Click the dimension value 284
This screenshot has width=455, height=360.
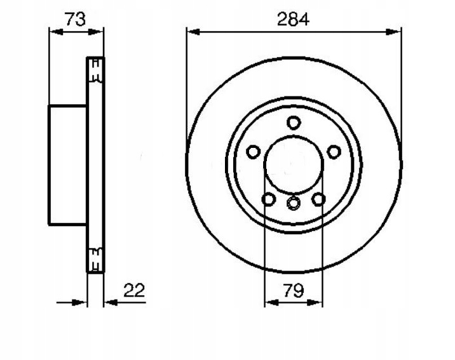click(293, 20)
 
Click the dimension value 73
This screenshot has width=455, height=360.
click(75, 19)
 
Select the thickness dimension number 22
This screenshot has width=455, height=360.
click(134, 290)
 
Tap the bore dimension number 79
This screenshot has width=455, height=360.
click(294, 290)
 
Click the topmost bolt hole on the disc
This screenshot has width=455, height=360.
click(294, 123)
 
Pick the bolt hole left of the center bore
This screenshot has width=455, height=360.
click(253, 152)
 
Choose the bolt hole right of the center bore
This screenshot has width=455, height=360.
click(334, 152)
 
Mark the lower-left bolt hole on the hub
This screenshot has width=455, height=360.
click(268, 199)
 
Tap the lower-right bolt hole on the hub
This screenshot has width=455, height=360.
click(318, 199)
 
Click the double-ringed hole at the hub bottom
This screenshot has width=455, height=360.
click(294, 203)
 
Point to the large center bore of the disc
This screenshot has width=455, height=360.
click(294, 164)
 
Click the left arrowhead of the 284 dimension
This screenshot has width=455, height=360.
click(193, 32)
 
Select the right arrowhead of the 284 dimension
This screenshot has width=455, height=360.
click(394, 32)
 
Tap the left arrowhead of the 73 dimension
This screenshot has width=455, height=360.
click(57, 32)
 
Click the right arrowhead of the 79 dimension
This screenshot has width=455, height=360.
click(315, 303)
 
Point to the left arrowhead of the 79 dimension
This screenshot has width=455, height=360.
click(272, 303)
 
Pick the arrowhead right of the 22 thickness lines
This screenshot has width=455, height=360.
click(111, 303)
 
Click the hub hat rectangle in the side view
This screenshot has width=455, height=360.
click(67, 165)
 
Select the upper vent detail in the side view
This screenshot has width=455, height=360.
click(96, 70)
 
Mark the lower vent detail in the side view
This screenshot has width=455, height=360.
click(96, 260)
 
